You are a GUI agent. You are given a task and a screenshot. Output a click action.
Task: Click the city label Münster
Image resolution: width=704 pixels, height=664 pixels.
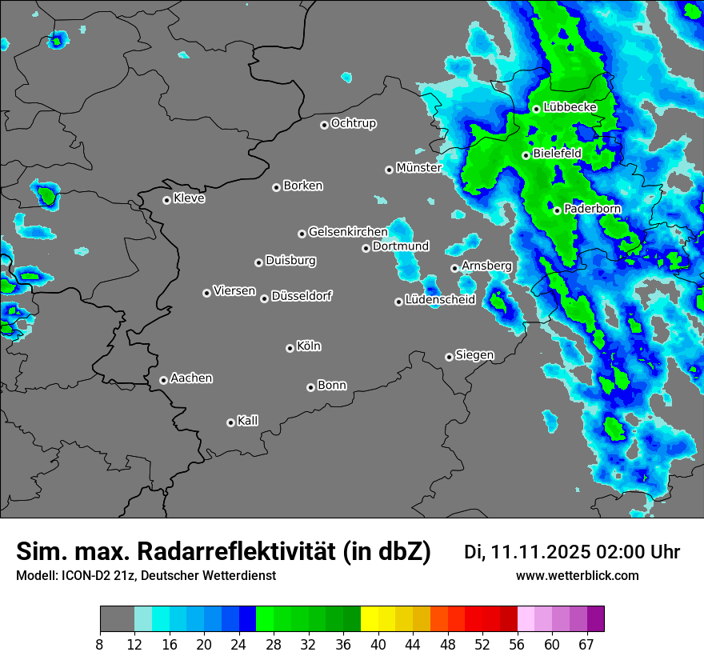(418, 168)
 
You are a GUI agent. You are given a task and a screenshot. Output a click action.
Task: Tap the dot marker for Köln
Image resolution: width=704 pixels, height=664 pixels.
(290, 348)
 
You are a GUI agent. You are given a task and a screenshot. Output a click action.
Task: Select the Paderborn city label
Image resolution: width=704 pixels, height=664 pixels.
(592, 209)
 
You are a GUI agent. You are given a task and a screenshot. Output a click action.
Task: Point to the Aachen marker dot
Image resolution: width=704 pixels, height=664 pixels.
(163, 380)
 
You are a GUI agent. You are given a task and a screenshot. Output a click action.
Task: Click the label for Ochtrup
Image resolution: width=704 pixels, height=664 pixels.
(353, 123)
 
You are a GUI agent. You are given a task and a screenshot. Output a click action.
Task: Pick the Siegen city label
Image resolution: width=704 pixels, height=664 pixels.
(474, 355)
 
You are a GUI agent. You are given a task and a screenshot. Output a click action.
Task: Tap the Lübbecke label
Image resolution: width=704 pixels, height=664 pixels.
(570, 107)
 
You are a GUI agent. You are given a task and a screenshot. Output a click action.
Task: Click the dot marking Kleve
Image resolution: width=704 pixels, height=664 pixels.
(166, 200)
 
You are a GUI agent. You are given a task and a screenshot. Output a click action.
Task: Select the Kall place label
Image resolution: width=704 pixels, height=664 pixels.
(247, 421)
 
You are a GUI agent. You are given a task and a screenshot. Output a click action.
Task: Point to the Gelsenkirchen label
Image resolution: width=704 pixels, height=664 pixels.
(348, 232)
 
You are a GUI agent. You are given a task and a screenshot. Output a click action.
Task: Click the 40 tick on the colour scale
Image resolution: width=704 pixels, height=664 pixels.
(378, 644)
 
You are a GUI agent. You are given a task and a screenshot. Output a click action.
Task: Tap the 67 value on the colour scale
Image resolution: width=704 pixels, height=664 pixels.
(586, 644)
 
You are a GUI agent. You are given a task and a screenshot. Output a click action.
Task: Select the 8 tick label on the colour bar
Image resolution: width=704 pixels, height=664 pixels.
(100, 644)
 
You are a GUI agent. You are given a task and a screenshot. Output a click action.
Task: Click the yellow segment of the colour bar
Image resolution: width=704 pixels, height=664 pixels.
(369, 619)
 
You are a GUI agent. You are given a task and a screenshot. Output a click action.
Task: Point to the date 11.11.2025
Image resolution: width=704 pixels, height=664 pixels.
(541, 552)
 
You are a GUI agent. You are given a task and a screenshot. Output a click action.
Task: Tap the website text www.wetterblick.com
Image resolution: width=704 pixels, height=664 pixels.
(577, 576)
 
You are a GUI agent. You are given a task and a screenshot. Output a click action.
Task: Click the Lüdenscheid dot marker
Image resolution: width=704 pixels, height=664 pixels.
(398, 302)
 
